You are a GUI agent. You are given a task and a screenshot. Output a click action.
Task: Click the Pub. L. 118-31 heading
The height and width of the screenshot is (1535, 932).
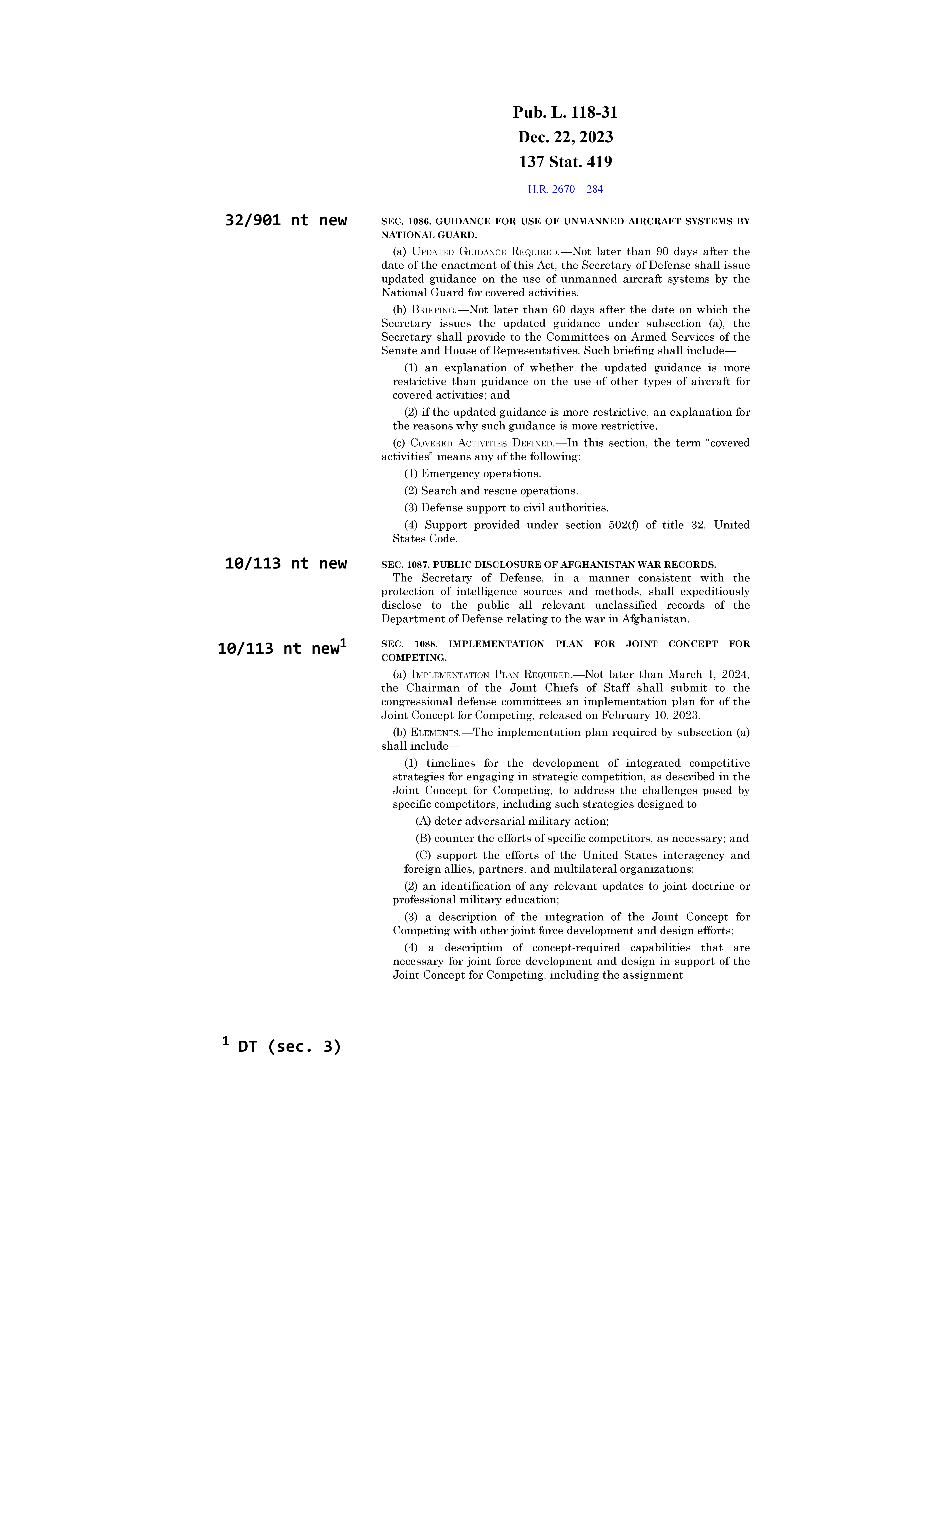(x=565, y=113)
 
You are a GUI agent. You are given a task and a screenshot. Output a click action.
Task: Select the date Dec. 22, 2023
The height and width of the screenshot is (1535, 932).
(x=565, y=137)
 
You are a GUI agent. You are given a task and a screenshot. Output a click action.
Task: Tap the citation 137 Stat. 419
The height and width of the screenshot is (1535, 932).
(x=565, y=162)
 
